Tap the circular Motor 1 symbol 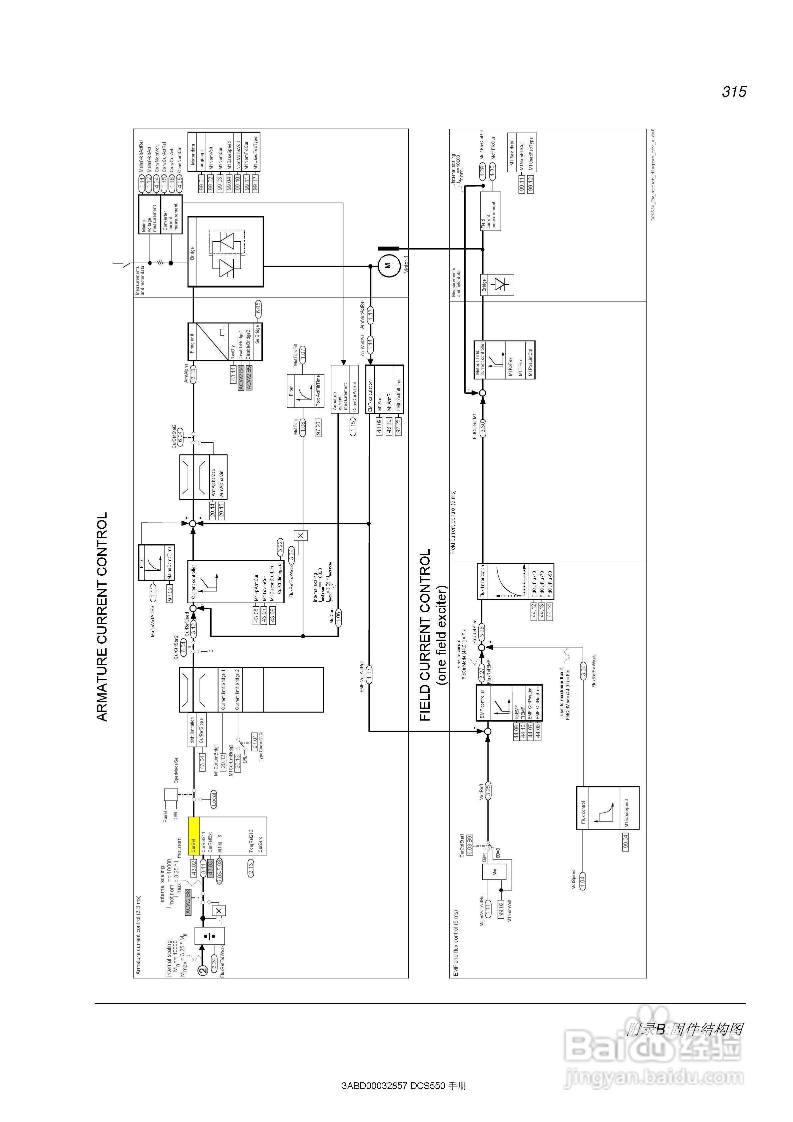388,266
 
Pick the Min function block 495,871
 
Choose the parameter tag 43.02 194,872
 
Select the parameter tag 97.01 254,741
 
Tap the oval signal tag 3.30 483,427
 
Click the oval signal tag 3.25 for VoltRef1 487,791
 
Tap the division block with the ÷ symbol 209,936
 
